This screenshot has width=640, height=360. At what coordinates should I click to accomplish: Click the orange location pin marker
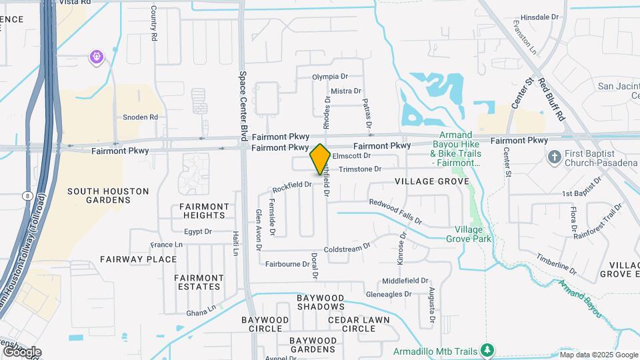pyautogui.click(x=320, y=159)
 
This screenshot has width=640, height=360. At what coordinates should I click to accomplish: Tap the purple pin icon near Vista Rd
pyautogui.click(x=97, y=57)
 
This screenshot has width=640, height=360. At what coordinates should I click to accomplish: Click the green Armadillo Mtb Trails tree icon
pyautogui.click(x=487, y=350)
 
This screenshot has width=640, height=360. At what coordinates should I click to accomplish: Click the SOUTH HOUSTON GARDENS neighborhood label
pyautogui.click(x=108, y=195)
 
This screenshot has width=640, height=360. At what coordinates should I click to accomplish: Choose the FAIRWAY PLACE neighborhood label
pyautogui.click(x=139, y=259)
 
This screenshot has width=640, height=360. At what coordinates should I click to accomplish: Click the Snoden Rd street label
pyautogui.click(x=140, y=117)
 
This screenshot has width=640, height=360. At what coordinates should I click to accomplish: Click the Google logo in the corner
pyautogui.click(x=21, y=351)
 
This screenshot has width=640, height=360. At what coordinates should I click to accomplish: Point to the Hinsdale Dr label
pyautogui.click(x=539, y=17)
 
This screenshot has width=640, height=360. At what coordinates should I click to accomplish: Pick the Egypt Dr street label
pyautogui.click(x=198, y=232)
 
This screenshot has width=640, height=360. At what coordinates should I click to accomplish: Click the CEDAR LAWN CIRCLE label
pyautogui.click(x=359, y=324)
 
